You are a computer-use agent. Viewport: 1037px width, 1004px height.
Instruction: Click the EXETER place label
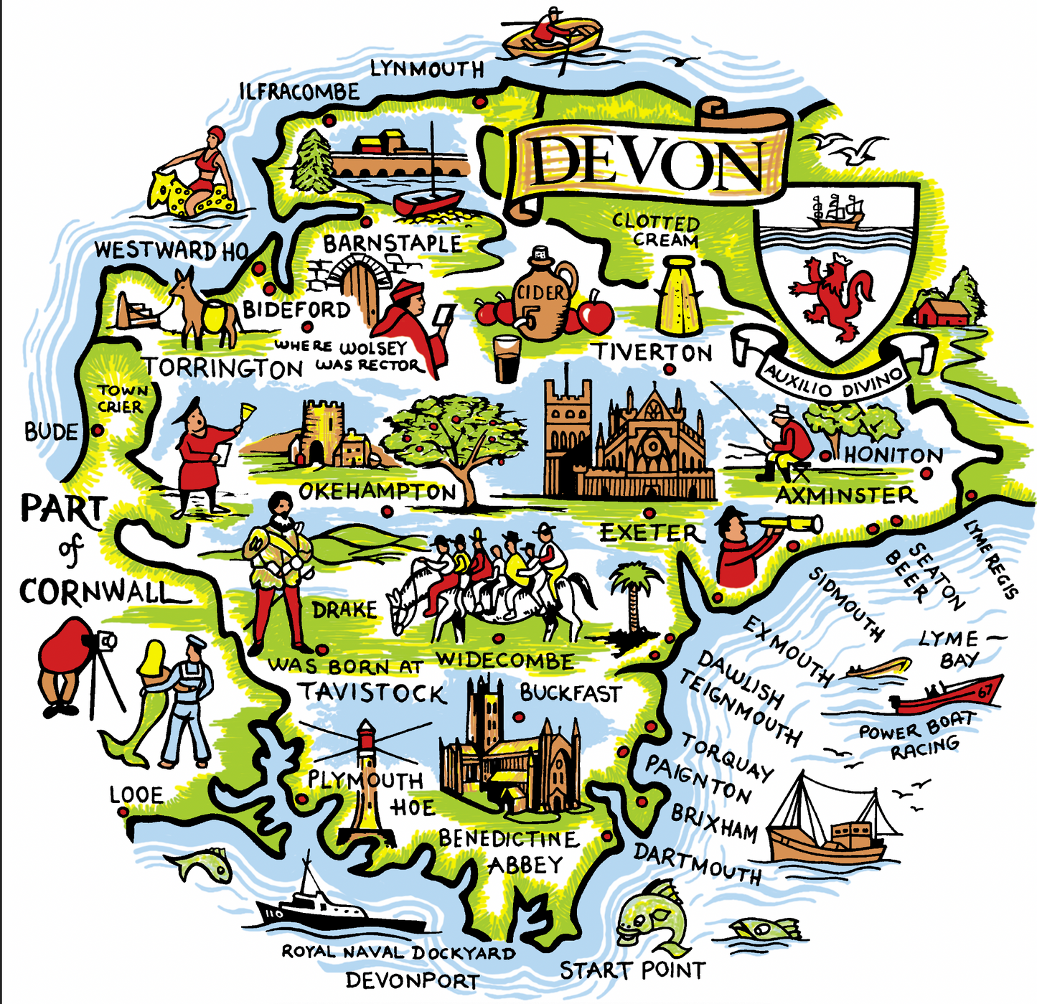point(649,533)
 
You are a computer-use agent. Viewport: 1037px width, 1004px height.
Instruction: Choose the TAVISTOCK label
point(372,693)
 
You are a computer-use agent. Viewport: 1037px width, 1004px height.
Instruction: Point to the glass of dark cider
point(507,358)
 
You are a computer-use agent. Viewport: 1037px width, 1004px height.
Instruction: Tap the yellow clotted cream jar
point(678,297)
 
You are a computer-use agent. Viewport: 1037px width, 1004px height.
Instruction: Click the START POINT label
point(632,971)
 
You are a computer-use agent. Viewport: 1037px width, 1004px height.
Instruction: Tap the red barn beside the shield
point(941,312)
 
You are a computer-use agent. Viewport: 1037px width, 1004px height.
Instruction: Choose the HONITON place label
point(893,455)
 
